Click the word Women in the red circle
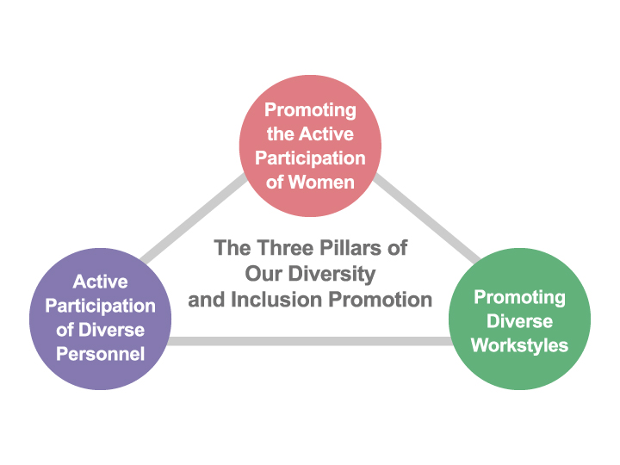point(321,183)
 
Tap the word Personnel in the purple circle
point(101,354)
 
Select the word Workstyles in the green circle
point(519,345)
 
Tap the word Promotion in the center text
point(381,300)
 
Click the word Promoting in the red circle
point(310,110)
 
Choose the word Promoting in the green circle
point(519,298)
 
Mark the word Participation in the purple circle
point(101,307)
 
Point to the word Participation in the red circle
point(310,158)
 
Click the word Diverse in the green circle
point(519,320)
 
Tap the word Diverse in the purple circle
point(111,330)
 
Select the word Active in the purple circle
point(101,282)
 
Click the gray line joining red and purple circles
point(194,218)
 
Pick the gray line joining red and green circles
point(426,218)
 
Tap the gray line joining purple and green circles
point(310,341)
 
